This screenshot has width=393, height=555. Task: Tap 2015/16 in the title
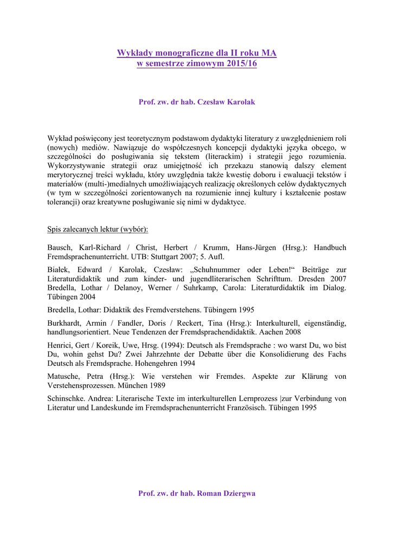pos(239,63)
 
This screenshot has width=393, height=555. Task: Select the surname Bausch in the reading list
pos(60,248)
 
